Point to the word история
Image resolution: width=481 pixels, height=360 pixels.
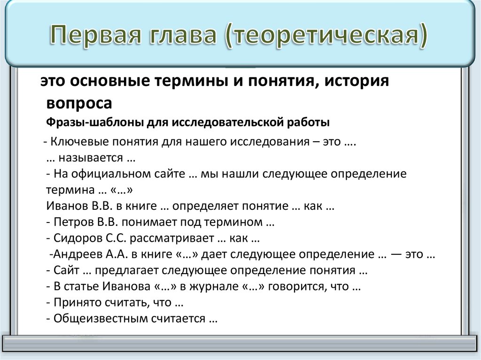tap(355, 82)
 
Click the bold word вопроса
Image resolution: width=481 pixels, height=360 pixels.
tap(79, 103)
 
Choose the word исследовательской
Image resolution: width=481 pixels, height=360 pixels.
tap(227, 123)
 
